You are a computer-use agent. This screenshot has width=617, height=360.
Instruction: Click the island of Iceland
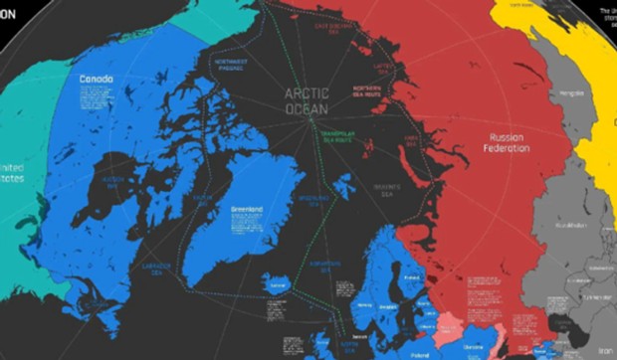coord(280,285)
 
